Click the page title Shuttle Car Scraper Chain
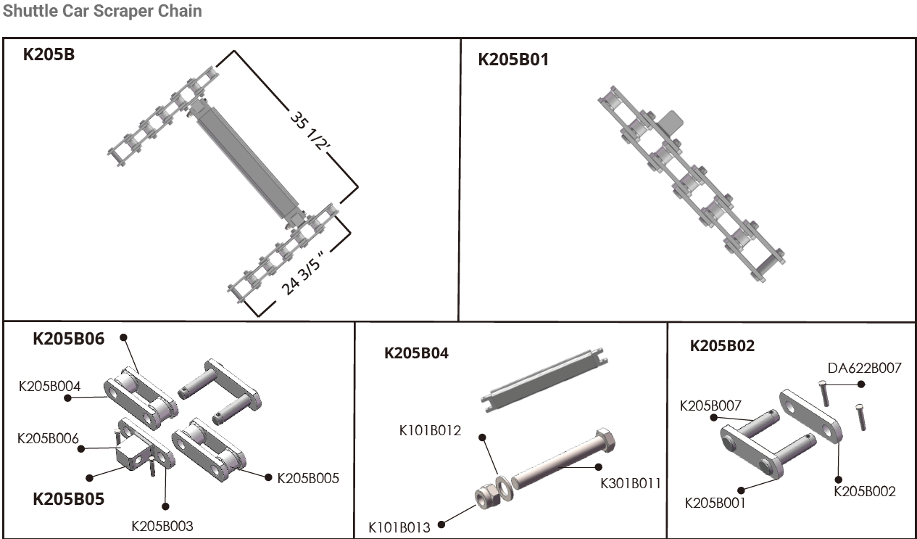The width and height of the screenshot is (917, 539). point(103,11)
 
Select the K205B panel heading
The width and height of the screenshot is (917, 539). point(49,54)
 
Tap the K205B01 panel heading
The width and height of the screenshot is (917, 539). point(513,59)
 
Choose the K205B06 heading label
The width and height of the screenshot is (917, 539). point(69,339)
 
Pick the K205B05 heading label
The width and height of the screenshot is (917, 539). point(69,499)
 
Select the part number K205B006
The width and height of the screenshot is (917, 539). point(49,438)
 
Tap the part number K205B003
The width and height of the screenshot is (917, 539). point(162,526)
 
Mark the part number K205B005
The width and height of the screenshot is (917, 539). point(308,478)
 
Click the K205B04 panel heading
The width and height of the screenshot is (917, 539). point(417,353)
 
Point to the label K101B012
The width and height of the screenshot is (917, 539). point(431,431)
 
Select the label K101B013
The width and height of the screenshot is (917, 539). point(399,527)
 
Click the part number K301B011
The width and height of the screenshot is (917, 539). point(631,483)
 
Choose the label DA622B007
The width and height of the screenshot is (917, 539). point(865,368)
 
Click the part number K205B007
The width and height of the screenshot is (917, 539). point(711,406)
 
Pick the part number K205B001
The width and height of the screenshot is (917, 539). point(715,502)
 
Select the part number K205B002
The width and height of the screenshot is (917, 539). point(865,491)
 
